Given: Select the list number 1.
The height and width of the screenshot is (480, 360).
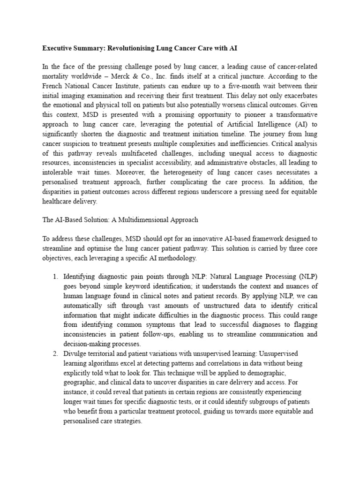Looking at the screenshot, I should pyautogui.click(x=54, y=277).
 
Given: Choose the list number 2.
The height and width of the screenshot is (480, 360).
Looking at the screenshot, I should pyautogui.click(x=54, y=353).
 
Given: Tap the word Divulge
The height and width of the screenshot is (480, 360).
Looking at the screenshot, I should pyautogui.click(x=75, y=353).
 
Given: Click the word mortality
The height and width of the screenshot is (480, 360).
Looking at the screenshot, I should pyautogui.click(x=57, y=76).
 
